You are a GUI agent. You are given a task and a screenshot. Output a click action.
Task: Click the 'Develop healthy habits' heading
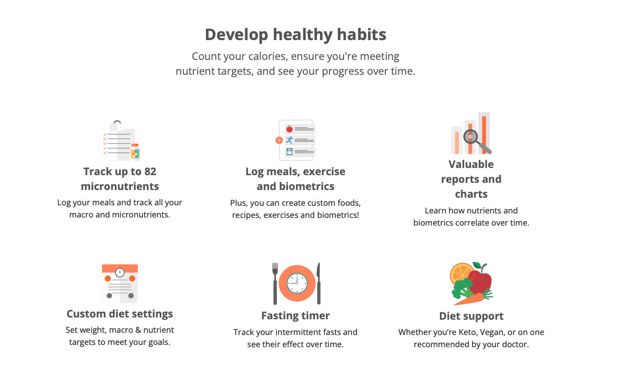tap(295, 35)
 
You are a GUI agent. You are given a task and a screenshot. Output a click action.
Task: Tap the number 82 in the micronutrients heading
tap(150, 172)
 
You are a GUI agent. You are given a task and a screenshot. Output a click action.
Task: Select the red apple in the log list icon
tap(289, 129)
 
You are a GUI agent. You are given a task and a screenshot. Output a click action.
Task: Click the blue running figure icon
tap(289, 140)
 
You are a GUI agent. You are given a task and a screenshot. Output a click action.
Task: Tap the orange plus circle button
tap(279, 140)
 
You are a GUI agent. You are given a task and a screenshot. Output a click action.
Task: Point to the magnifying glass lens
tap(471, 137)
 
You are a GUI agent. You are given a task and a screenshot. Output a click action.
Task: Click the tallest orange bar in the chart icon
tap(484, 135)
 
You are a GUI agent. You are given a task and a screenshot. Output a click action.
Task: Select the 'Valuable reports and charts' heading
tap(471, 179)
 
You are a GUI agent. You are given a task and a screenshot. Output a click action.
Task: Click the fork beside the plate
tap(275, 283)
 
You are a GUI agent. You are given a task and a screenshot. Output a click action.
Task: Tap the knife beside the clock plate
tap(319, 283)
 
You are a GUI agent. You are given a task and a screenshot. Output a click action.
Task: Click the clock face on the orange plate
tap(297, 283)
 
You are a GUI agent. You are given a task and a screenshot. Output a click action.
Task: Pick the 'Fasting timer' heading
tap(295, 316)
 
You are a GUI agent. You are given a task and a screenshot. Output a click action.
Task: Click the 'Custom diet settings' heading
tap(119, 314)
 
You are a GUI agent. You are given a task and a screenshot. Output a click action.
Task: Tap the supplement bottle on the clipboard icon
tap(135, 152)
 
